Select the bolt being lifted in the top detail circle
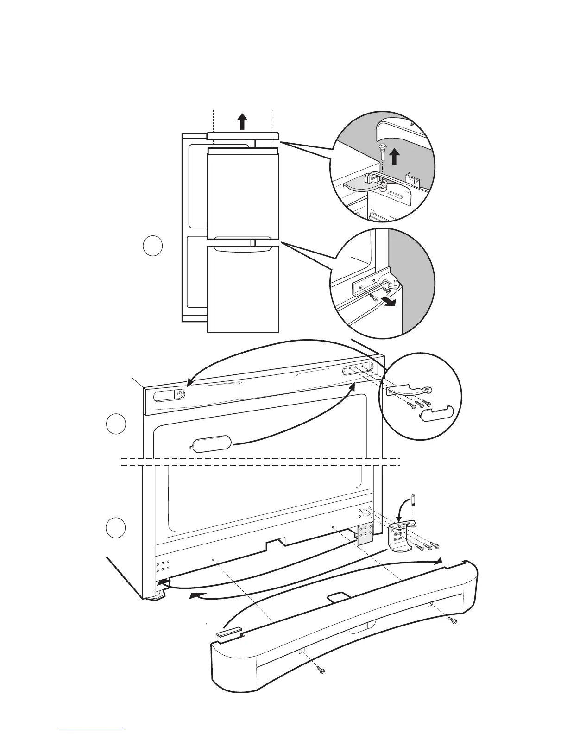click(382, 151)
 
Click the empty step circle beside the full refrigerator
click(152, 246)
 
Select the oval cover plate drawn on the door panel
click(211, 443)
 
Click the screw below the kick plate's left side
click(322, 670)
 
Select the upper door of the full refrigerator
click(243, 195)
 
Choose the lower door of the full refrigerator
click(243, 290)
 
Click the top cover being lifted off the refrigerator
click(243, 136)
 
